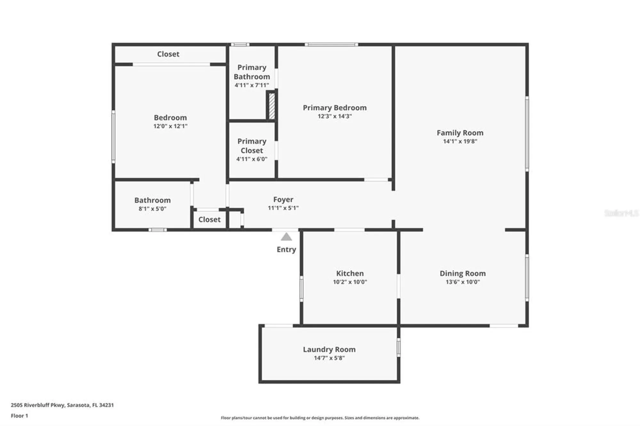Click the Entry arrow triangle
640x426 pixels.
click(286, 237)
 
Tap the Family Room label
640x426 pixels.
click(460, 133)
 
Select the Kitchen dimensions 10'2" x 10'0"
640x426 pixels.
click(350, 282)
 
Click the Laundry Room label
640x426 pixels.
click(329, 349)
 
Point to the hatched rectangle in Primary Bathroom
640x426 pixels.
click(271, 106)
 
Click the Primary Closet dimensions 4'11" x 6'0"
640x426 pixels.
click(252, 159)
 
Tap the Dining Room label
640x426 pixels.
click(462, 273)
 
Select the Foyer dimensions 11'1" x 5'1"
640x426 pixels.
click(283, 208)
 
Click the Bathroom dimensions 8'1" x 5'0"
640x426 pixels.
click(152, 209)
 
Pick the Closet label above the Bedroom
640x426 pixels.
click(168, 54)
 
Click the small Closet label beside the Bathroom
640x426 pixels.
click(209, 219)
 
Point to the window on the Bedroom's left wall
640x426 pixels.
click(113, 137)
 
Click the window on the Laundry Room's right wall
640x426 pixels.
click(398, 347)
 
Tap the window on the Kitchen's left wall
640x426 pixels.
click(301, 288)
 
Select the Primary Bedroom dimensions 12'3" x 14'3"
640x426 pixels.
click(334, 116)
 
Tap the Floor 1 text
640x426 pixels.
click(20, 416)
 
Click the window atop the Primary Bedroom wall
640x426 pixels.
click(331, 44)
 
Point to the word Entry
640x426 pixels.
click(286, 249)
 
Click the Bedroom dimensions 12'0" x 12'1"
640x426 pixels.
click(170, 126)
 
